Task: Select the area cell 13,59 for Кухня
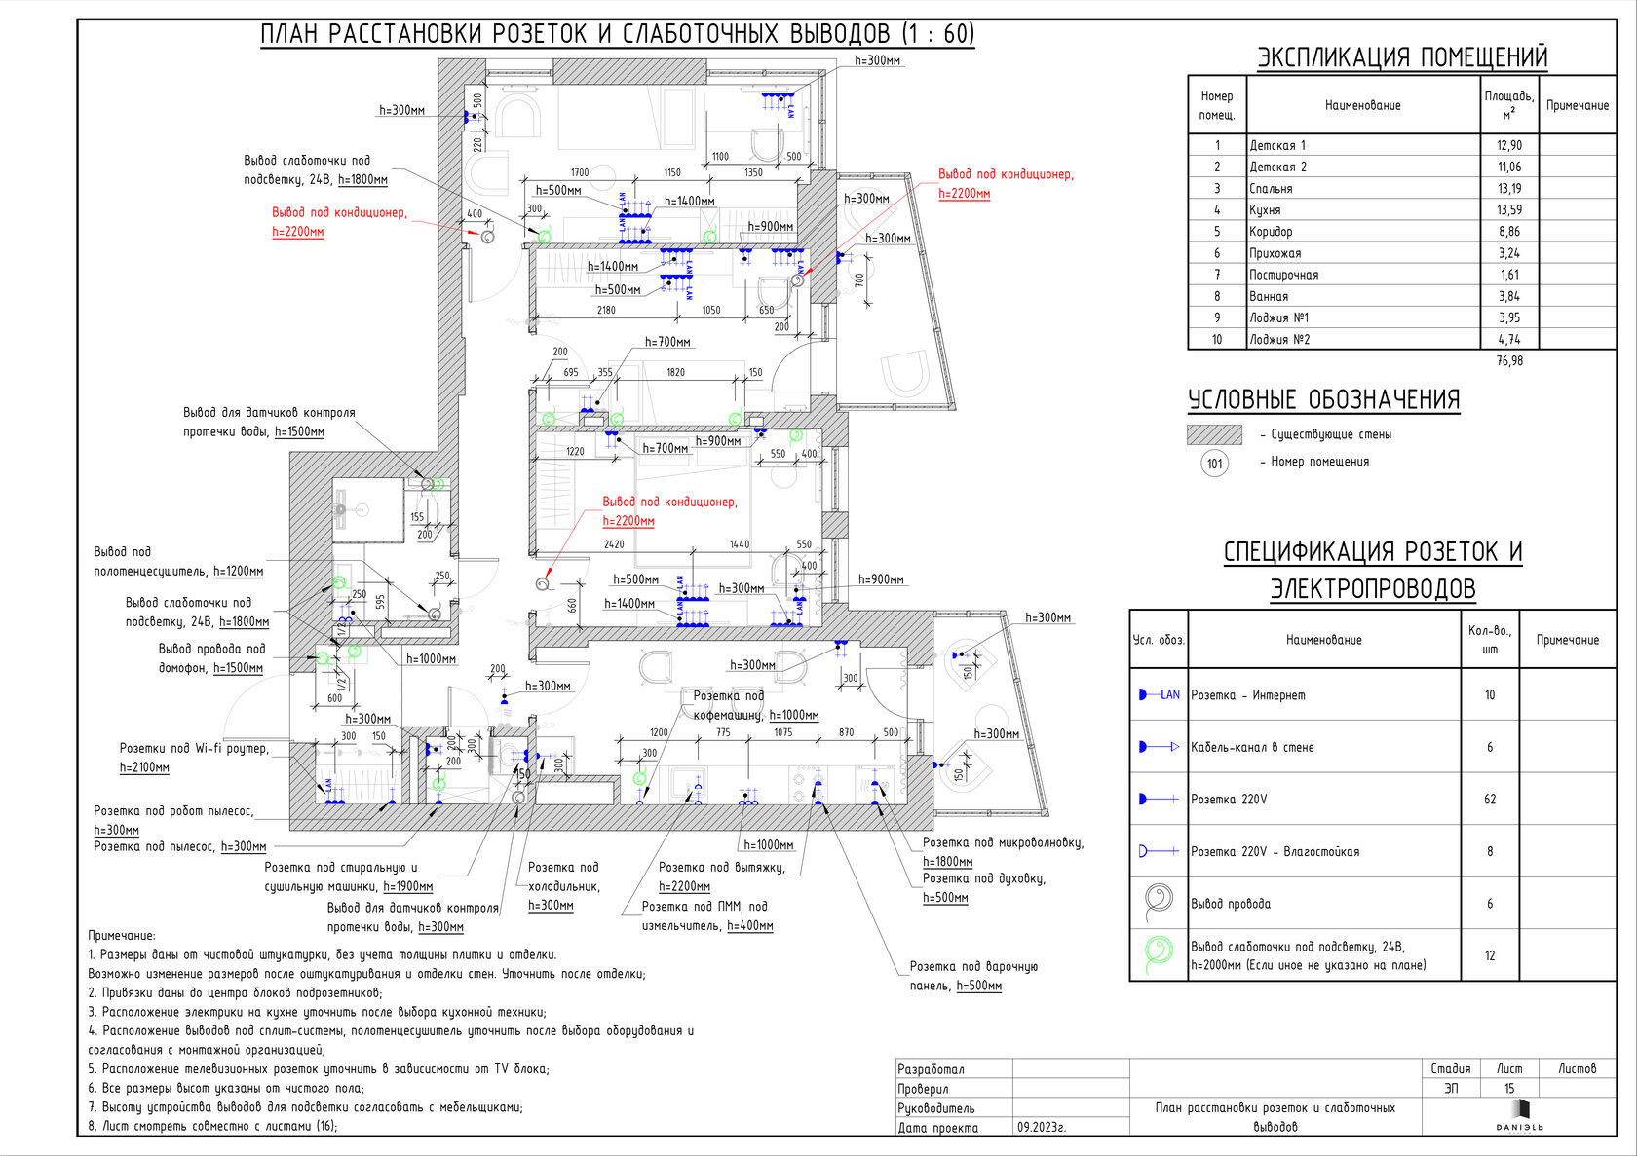pyautogui.click(x=1508, y=210)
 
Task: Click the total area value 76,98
pyautogui.click(x=1508, y=361)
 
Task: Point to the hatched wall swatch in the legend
pyautogui.click(x=1214, y=434)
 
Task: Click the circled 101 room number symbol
pyautogui.click(x=1214, y=463)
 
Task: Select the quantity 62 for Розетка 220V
pyautogui.click(x=1489, y=800)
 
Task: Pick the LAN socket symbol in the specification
pyautogui.click(x=1159, y=695)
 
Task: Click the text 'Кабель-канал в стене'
pyautogui.click(x=1252, y=748)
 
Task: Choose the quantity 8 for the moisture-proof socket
pyautogui.click(x=1489, y=852)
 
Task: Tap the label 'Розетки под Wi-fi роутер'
pyautogui.click(x=194, y=749)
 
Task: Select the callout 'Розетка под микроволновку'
pyautogui.click(x=1003, y=843)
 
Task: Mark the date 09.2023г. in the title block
pyautogui.click(x=1042, y=1128)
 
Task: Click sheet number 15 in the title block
pyautogui.click(x=1508, y=1089)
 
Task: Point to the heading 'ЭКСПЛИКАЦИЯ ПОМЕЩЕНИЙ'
pyautogui.click(x=1401, y=57)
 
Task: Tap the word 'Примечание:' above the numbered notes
pyautogui.click(x=122, y=936)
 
